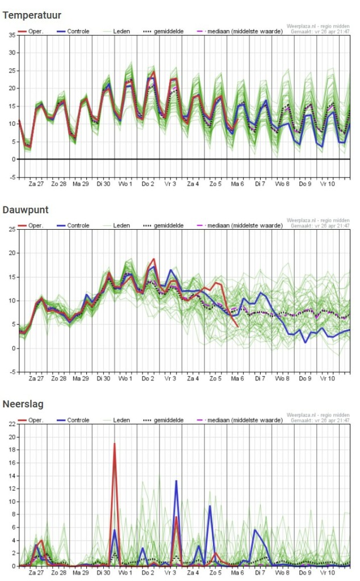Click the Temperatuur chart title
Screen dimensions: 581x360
click(x=32, y=15)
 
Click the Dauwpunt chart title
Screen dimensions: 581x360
click(x=26, y=210)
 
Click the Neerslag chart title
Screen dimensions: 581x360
click(x=23, y=405)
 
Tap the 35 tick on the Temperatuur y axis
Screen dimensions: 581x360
click(x=12, y=35)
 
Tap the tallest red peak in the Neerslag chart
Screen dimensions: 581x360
click(x=115, y=444)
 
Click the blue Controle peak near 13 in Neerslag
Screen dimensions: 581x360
click(x=176, y=481)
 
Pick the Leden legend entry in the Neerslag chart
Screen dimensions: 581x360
click(x=122, y=420)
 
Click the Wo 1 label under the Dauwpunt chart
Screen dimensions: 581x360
click(x=125, y=378)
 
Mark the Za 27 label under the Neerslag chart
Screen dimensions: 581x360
click(x=36, y=573)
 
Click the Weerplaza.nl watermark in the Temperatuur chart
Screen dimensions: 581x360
click(x=318, y=26)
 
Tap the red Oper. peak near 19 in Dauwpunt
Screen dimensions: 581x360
click(x=154, y=259)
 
